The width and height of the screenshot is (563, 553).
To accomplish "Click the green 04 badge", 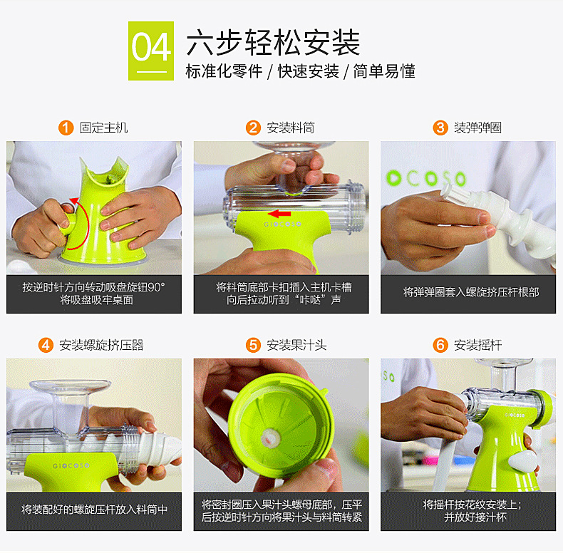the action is [151, 51].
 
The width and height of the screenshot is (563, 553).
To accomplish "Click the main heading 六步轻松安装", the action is [273, 42].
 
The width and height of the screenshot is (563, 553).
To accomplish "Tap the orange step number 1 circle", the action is [66, 128].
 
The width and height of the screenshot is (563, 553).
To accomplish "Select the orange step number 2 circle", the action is [253, 128].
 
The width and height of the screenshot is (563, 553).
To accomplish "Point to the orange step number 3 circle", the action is [440, 128].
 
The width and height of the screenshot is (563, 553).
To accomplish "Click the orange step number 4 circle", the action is [46, 345].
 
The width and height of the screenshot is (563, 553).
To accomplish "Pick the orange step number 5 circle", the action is [253, 345].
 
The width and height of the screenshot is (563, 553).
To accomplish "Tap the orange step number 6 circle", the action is [440, 345].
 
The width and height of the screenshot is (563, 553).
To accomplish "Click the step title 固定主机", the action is [104, 128].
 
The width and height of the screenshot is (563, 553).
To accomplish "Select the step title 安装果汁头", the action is [296, 345].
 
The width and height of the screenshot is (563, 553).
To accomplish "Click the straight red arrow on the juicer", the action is [279, 214].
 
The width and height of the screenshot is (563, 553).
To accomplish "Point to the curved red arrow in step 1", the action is [84, 222].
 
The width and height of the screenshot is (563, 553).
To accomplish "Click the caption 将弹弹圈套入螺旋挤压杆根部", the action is [471, 292].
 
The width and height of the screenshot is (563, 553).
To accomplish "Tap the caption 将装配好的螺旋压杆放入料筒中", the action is [95, 510].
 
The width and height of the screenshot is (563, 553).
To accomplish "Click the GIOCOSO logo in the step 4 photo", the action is [71, 466].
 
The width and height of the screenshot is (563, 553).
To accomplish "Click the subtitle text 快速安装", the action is [309, 71].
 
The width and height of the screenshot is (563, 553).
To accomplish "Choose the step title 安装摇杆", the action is [478, 345].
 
